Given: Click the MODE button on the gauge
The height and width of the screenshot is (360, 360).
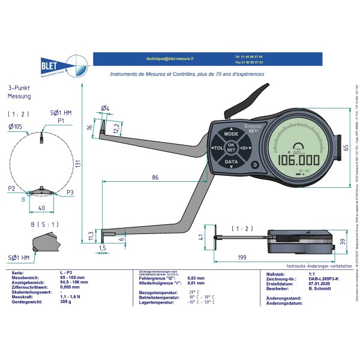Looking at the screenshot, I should [231, 134].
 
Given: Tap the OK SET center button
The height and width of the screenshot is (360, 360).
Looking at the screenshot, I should [231, 148].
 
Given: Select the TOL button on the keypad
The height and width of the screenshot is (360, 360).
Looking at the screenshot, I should [217, 148].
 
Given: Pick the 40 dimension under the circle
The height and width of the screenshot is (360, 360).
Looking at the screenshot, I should [41, 208].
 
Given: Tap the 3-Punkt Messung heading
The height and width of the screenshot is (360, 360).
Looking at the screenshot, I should [19, 92].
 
